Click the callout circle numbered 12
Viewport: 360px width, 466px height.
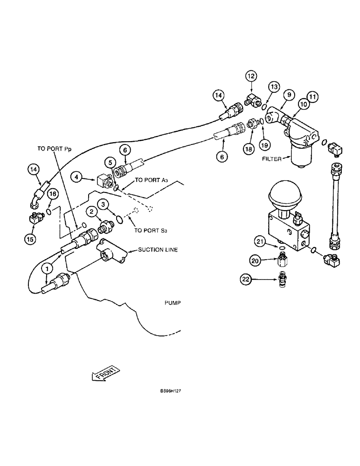251,75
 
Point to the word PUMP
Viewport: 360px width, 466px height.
172,302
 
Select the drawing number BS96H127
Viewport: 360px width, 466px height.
170,391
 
